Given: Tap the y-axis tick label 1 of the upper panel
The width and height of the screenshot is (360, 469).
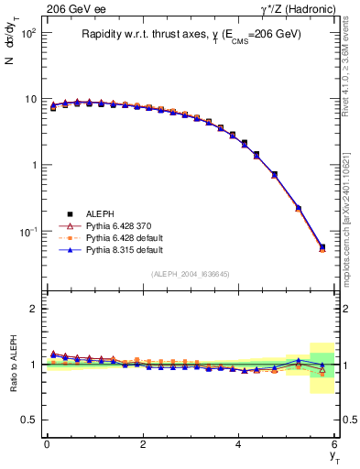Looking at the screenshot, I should pyautogui.click(x=33, y=166).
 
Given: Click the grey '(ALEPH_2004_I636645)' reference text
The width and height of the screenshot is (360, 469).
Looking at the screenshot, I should pyautogui.click(x=191, y=274).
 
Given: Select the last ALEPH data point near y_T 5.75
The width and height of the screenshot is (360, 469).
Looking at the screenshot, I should pyautogui.click(x=322, y=246).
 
